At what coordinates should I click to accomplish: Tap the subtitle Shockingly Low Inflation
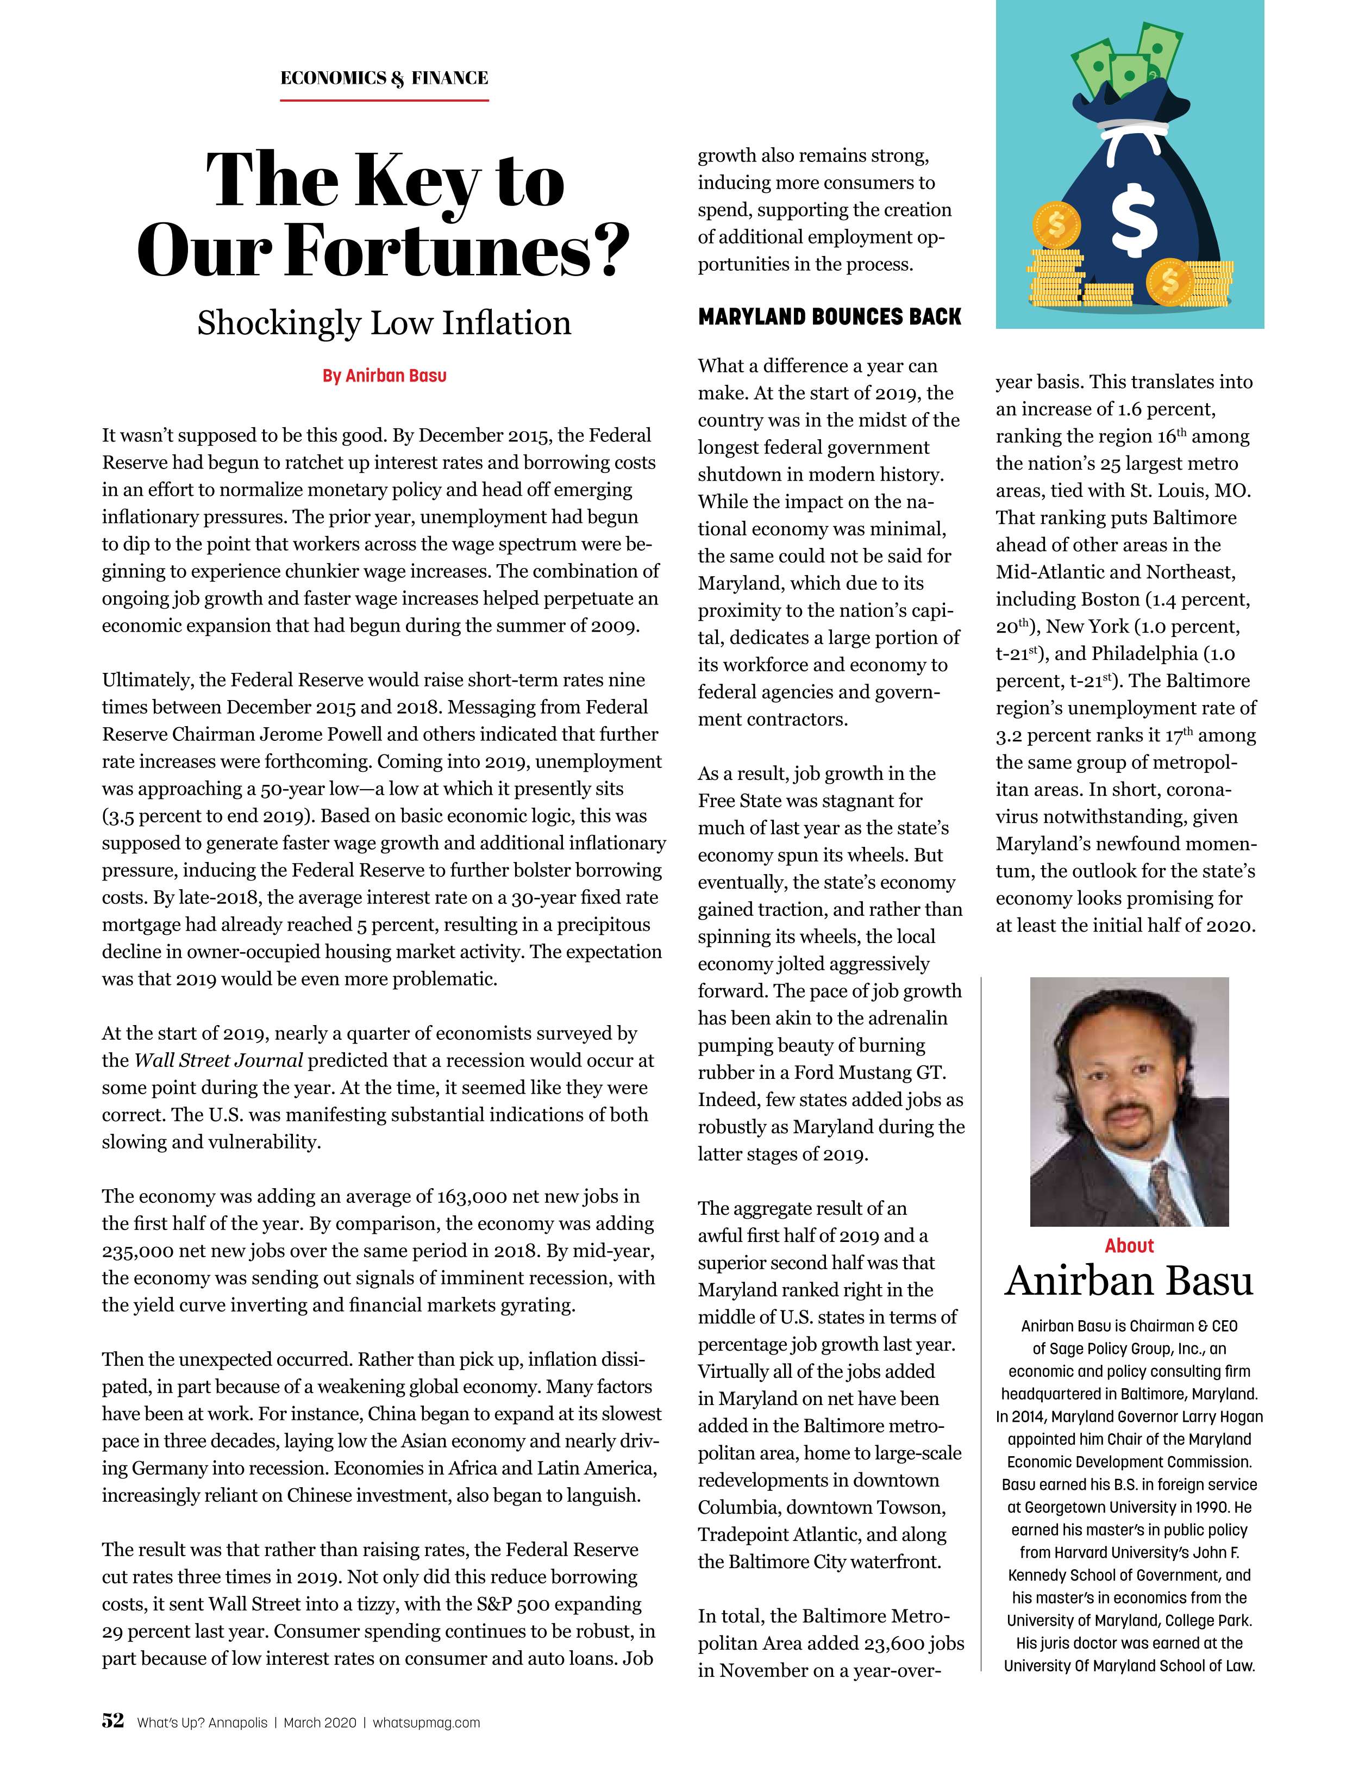click(384, 323)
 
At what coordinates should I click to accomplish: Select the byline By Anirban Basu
click(384, 376)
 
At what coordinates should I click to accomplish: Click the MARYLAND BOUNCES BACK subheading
click(829, 316)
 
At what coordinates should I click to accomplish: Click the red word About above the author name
click(1129, 1246)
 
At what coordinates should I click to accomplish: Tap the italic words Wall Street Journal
click(218, 1060)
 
